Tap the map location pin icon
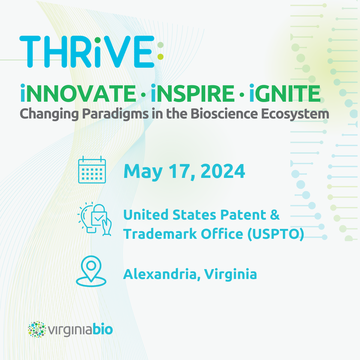91,271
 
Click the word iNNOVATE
78,93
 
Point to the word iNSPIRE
193,93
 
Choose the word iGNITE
285,93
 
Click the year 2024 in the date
223,171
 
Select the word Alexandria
160,274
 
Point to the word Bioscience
224,114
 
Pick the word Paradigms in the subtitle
115,114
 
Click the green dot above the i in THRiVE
97,40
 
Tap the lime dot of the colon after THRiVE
160,56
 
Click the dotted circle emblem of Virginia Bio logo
37,329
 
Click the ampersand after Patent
274,215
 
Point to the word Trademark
160,234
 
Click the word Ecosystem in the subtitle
295,114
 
